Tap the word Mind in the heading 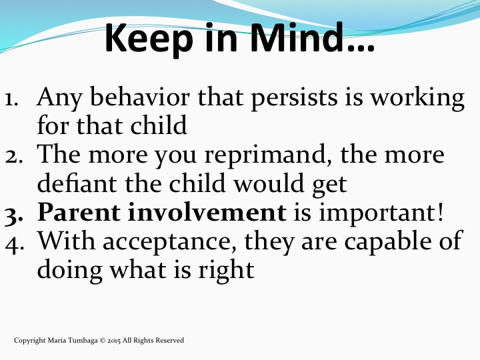pos(297,37)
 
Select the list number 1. pos(11,100)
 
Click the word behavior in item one pos(140,97)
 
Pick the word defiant pos(77,183)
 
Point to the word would pos(269,183)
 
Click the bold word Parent pos(79,212)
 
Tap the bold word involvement pos(207,212)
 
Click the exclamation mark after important pos(440,212)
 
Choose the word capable pos(385,243)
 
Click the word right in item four pos(226,271)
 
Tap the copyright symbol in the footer pos(103,341)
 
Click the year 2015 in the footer pos(114,341)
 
